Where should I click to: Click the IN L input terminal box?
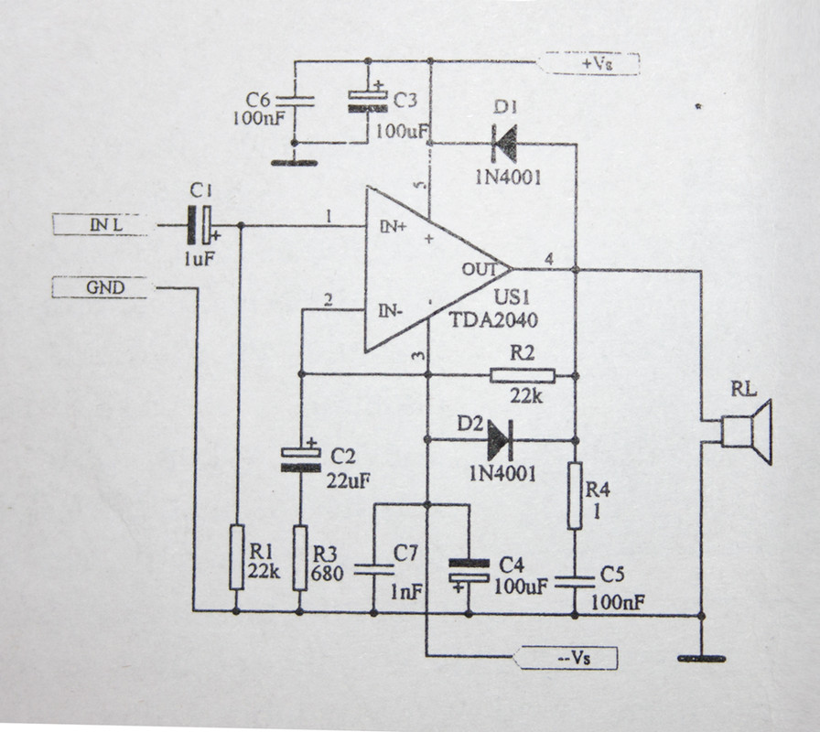[100, 225]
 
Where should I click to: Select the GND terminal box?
[100, 287]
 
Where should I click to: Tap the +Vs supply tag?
[588, 64]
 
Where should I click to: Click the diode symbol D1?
[504, 144]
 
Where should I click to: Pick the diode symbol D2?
[499, 440]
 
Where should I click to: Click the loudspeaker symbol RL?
[746, 432]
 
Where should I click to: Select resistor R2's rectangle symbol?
[523, 375]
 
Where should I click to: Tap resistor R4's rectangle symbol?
[575, 496]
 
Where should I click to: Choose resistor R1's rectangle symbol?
[237, 557]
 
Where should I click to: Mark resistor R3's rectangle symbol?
[299, 558]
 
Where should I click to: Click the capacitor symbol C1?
[200, 225]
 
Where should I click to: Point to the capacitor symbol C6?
[295, 102]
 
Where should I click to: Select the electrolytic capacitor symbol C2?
[301, 459]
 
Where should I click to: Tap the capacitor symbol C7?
[374, 570]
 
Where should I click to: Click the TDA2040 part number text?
[493, 319]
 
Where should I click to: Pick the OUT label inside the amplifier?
[479, 269]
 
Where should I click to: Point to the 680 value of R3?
[328, 574]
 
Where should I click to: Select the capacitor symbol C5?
[575, 582]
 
